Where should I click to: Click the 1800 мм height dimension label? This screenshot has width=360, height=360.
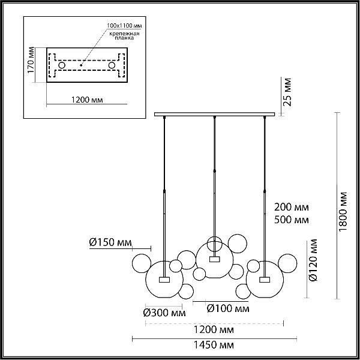(343, 212)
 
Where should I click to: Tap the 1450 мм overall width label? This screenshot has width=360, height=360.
(214, 345)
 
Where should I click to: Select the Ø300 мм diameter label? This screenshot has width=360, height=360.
(164, 313)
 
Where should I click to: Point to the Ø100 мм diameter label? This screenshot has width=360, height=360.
(228, 308)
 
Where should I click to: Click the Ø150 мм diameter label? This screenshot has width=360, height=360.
(110, 242)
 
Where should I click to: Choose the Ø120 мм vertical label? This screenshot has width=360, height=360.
(313, 260)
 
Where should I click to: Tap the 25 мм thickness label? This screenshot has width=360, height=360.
(287, 92)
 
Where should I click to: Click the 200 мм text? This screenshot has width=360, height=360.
(292, 207)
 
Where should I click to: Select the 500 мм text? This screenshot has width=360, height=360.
(292, 220)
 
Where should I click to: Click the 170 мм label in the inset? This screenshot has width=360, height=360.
(31, 60)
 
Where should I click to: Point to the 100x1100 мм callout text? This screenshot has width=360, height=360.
(124, 25)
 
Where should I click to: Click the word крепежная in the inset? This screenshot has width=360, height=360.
(124, 34)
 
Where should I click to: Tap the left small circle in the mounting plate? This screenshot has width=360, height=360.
(62, 65)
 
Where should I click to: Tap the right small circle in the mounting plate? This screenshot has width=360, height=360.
(112, 65)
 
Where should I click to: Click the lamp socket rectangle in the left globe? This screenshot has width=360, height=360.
(164, 280)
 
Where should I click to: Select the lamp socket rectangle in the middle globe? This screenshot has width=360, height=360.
(214, 259)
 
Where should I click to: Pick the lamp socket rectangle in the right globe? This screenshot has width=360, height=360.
(265, 280)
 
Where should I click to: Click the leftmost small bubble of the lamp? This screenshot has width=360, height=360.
(142, 263)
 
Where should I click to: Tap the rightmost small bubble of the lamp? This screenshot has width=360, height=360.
(287, 263)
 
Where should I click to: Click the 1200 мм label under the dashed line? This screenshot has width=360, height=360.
(214, 329)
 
